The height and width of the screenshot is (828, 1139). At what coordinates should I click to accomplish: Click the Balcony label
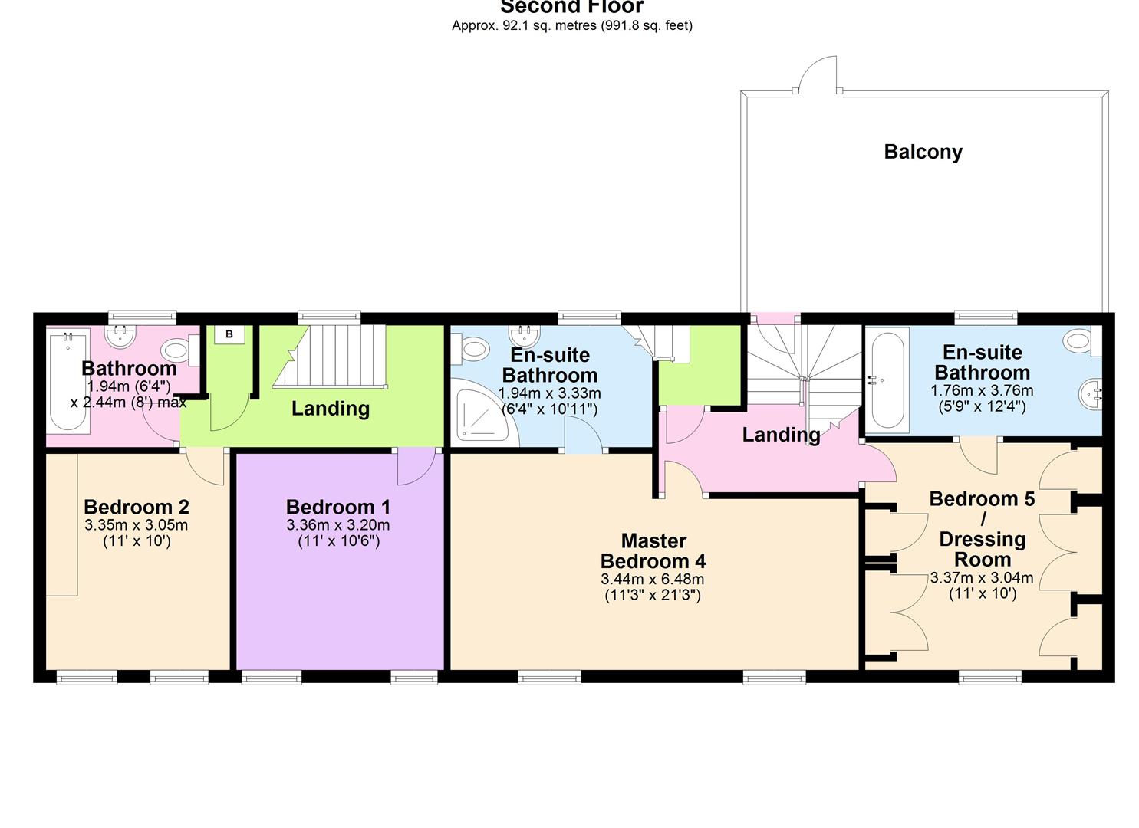[x=923, y=152]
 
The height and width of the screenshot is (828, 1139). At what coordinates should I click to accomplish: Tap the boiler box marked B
[x=229, y=334]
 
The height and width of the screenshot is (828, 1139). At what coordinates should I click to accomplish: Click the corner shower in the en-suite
[x=480, y=416]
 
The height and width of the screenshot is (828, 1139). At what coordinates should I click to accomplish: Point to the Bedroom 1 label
[x=338, y=507]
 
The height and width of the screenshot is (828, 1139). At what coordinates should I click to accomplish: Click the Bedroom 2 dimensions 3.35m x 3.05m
[x=137, y=525]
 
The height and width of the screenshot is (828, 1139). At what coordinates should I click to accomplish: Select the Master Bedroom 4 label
[x=653, y=550]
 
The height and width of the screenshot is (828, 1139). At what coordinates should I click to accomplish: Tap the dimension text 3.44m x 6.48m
[x=653, y=579]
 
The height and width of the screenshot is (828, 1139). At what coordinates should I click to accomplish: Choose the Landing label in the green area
[x=330, y=409]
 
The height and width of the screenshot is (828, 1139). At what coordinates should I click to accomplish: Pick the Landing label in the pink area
[x=781, y=435]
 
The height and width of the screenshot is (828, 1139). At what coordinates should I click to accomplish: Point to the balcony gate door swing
[x=816, y=74]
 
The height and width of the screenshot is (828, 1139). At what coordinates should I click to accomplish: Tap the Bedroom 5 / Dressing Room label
[x=982, y=529]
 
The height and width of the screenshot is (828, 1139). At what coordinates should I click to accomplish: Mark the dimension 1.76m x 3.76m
[x=982, y=390]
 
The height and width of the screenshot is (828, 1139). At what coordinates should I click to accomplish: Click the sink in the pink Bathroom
[x=120, y=334]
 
